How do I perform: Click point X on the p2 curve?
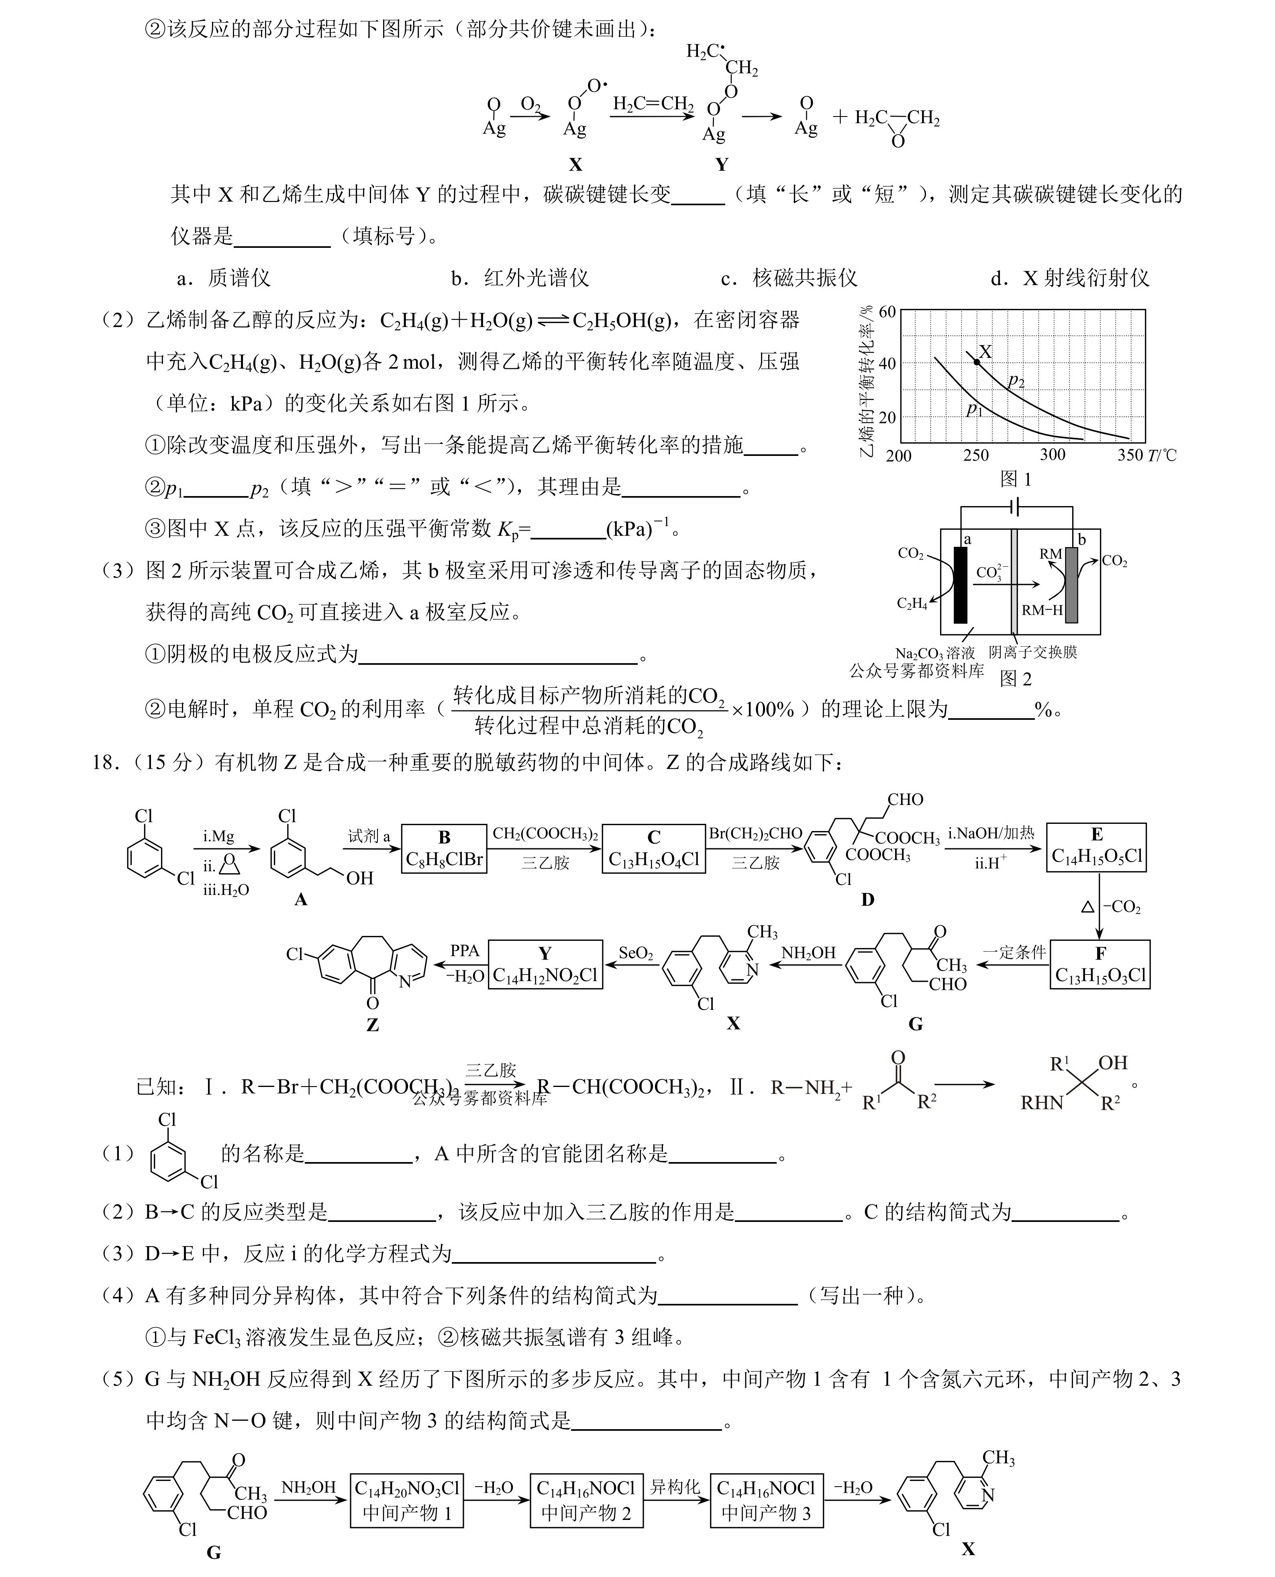tap(976, 362)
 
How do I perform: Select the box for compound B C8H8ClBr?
tap(444, 848)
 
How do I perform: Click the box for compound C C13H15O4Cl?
tap(654, 848)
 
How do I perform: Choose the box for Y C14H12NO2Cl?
tap(545, 964)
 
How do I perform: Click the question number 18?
tap(106, 762)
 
